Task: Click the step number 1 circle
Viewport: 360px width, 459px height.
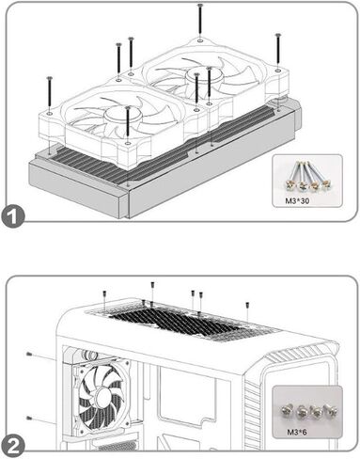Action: tap(12, 216)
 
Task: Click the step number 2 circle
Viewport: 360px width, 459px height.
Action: tap(12, 447)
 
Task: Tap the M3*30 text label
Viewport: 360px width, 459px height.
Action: tap(297, 200)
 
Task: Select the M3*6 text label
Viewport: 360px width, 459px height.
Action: tap(297, 433)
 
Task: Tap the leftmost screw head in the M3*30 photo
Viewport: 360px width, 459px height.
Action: tap(288, 185)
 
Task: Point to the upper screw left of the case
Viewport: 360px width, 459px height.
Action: tap(30, 354)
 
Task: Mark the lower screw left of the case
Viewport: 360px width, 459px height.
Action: tap(29, 418)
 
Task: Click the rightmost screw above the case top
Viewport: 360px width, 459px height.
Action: tap(247, 305)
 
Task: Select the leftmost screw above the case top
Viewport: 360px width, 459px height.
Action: tap(104, 294)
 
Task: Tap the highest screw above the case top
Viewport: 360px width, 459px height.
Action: tap(152, 285)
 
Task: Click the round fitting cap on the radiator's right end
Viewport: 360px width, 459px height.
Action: tap(278, 102)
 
